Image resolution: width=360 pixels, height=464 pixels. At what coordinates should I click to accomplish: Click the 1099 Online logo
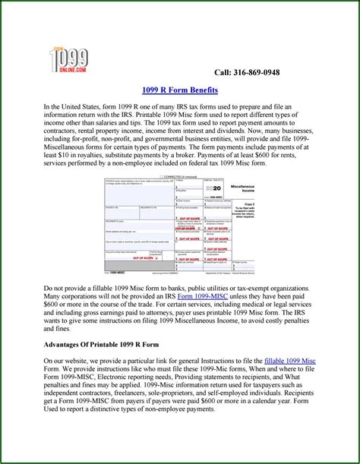(x=67, y=59)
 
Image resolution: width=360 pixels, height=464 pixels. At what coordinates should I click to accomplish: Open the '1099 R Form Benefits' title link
(x=179, y=90)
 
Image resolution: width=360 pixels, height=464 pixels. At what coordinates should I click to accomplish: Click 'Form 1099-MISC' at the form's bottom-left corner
(x=116, y=270)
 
